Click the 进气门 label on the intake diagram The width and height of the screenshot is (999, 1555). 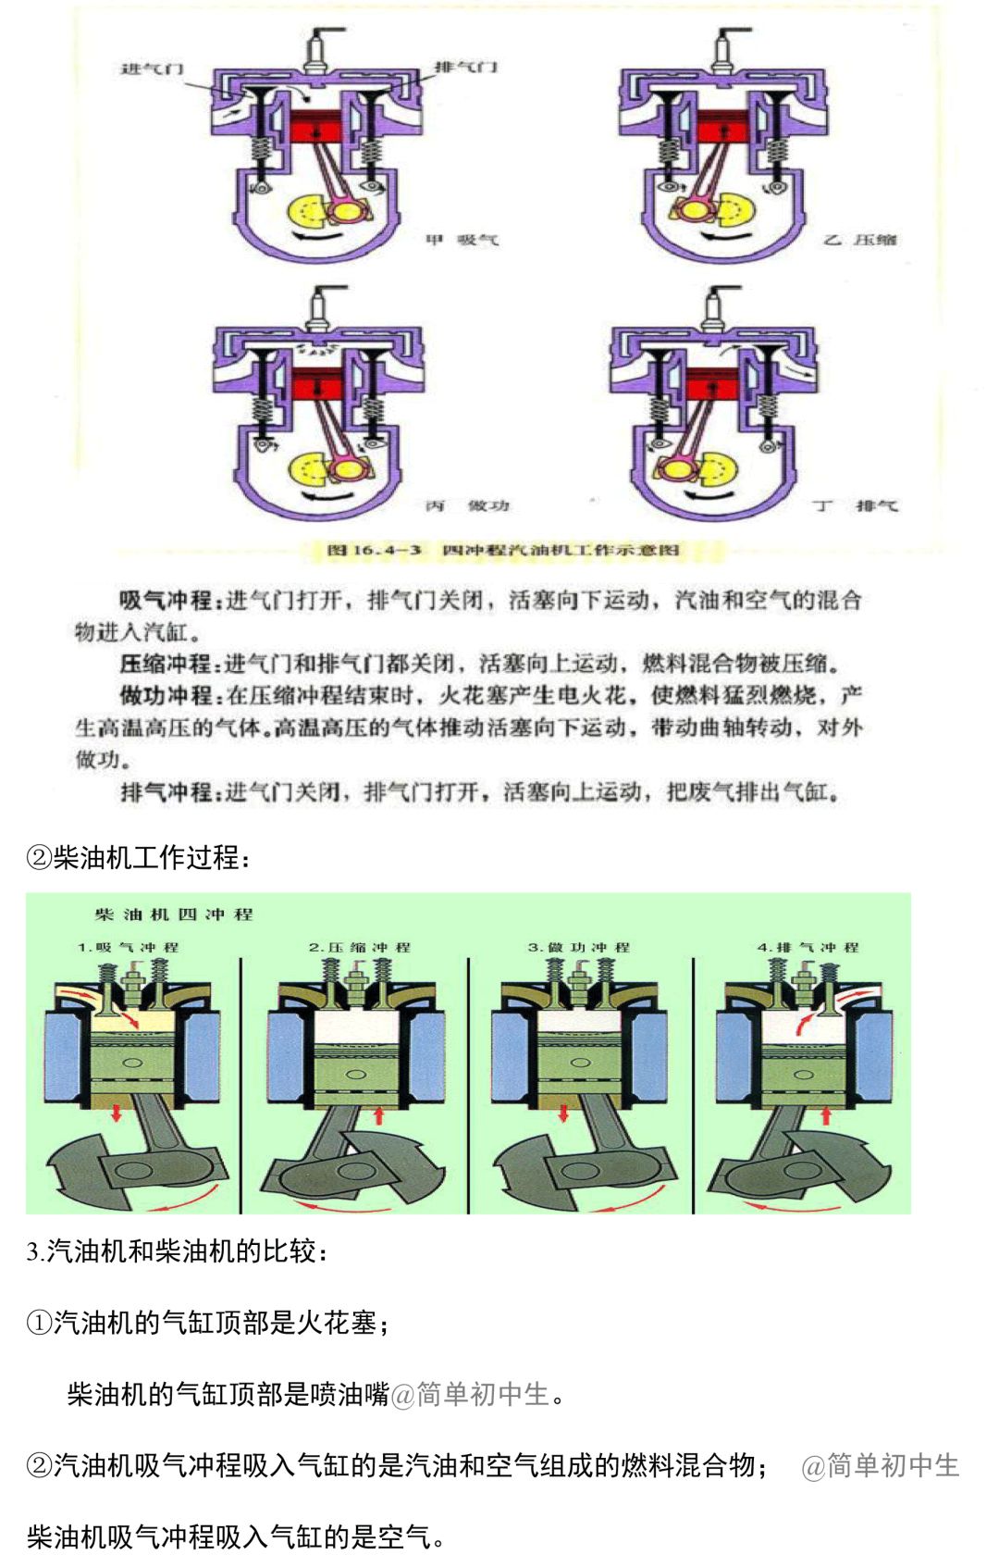point(153,68)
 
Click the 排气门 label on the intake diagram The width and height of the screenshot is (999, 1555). point(466,67)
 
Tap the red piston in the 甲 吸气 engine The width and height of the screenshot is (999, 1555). point(317,127)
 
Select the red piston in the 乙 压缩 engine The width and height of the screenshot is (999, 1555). point(723,127)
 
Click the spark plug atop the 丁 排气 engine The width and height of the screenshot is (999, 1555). point(718,305)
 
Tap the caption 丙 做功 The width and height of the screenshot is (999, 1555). point(467,505)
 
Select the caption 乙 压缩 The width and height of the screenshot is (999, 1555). point(860,240)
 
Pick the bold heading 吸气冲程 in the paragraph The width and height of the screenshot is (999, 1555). point(166,600)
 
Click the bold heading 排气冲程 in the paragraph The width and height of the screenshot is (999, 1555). point(166,792)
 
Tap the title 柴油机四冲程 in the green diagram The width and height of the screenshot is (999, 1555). point(174,914)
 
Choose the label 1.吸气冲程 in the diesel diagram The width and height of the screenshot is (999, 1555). point(129,948)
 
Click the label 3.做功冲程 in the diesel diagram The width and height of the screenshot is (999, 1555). point(579,948)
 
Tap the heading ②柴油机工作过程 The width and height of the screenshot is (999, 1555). point(139,857)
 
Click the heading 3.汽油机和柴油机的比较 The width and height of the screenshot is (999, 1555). point(178,1251)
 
